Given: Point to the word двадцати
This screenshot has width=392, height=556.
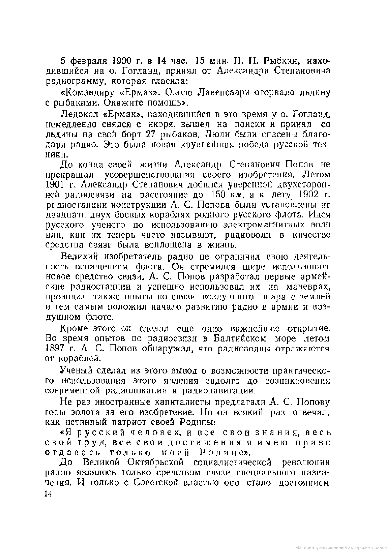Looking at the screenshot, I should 61,215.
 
